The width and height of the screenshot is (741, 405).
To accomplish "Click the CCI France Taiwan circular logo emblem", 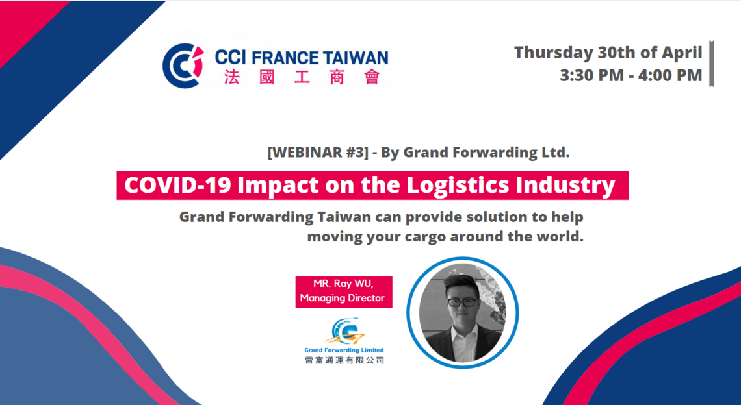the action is [x=183, y=66].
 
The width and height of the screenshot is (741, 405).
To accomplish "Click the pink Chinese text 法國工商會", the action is [x=302, y=77].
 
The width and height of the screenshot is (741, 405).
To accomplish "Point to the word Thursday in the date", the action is [x=553, y=53].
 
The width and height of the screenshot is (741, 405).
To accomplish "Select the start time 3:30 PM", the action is [x=591, y=75].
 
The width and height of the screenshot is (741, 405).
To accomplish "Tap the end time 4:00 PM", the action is [x=670, y=75].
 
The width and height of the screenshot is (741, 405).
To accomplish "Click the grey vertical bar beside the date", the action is [x=712, y=64].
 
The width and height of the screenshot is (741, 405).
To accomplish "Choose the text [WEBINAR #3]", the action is [x=318, y=153].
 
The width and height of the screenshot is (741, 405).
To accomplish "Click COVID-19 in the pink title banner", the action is [x=177, y=186].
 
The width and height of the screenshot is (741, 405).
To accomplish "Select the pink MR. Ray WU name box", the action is [x=344, y=291].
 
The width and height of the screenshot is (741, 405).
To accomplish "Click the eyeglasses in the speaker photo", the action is [x=462, y=302].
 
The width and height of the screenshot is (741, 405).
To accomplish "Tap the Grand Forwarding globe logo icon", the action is [x=344, y=332].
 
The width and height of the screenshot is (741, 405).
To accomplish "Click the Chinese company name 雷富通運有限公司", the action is [x=344, y=361].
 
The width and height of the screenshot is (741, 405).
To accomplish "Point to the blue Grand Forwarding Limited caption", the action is [x=344, y=350].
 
